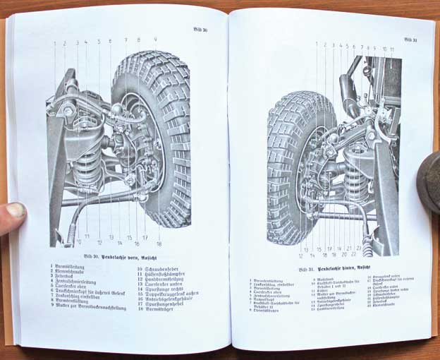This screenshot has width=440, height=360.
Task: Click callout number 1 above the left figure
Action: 54,42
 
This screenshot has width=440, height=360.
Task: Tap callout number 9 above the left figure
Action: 155,40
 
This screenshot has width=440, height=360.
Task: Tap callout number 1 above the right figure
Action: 316,44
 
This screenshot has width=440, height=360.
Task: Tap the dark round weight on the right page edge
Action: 428,179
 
